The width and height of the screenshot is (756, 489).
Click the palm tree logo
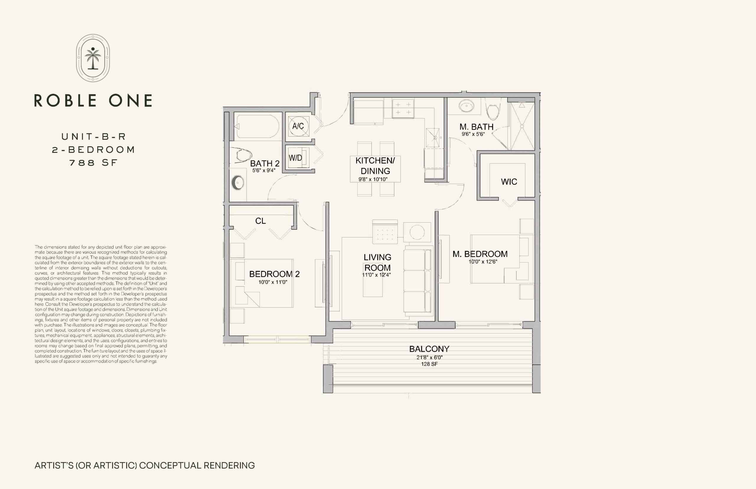coord(93,58)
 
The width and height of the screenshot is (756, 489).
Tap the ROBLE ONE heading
coord(93,100)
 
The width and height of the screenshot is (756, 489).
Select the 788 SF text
coord(93,163)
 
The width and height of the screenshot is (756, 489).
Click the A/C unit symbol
coord(298,126)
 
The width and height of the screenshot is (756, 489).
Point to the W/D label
coord(295,158)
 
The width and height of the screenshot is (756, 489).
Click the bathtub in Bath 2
coord(258,126)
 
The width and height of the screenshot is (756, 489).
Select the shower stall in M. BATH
coord(522,126)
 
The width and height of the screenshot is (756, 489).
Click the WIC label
coord(509,182)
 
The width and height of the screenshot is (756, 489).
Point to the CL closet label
coord(260,221)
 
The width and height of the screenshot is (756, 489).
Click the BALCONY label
coord(429,349)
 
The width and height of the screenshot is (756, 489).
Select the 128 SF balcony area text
coord(429,364)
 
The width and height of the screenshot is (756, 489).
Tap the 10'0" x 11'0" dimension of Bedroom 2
coord(273,282)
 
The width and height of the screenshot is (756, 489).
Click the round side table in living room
coord(417,233)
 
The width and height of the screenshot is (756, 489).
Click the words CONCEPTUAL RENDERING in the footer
coord(197,465)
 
